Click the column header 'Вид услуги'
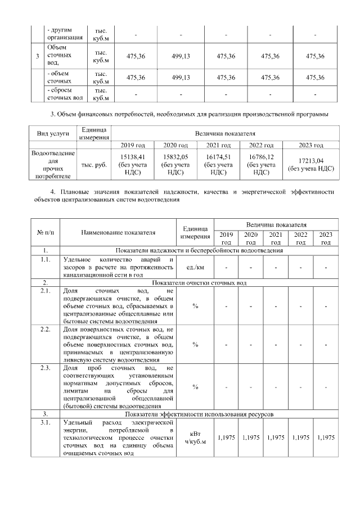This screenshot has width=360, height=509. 53,134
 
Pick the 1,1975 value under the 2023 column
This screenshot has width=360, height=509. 326,437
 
